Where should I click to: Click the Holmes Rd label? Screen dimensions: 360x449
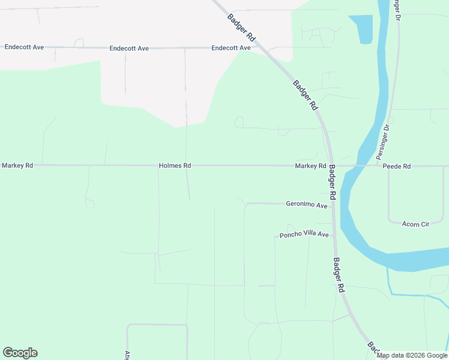(x=175, y=166)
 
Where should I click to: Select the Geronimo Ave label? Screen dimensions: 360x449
(x=307, y=205)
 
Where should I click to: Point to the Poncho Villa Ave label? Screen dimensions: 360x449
(x=304, y=235)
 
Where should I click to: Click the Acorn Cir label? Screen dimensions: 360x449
(x=415, y=224)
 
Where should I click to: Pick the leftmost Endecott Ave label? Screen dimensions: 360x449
(x=24, y=46)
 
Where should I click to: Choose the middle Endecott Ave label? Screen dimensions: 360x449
(x=129, y=48)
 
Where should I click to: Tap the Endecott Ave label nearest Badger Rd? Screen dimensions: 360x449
(x=231, y=47)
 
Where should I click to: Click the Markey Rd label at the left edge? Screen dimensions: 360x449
(x=17, y=165)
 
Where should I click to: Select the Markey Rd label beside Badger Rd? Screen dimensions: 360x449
(x=310, y=166)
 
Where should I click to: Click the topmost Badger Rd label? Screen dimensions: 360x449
(x=241, y=27)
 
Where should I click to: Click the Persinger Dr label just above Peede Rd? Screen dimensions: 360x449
(x=383, y=141)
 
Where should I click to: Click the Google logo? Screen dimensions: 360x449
(x=20, y=353)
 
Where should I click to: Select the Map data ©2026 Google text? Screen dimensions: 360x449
(x=412, y=355)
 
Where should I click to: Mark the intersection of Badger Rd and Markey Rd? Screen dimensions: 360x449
(x=330, y=166)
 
